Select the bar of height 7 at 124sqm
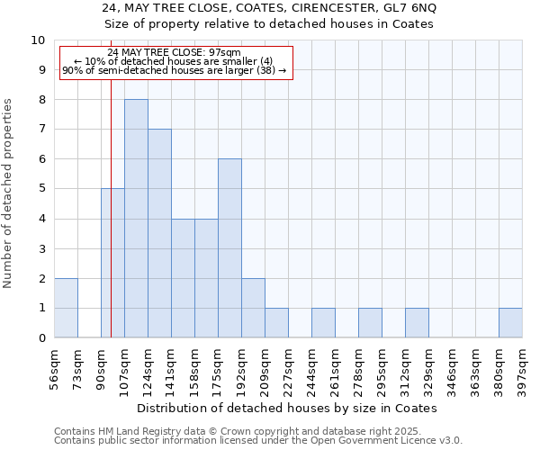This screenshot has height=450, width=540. tap(159, 233)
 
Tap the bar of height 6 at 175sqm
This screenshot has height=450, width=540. tap(229, 248)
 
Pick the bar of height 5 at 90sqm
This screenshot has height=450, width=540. tap(112, 263)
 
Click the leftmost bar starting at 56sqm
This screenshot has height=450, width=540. tap(66, 308)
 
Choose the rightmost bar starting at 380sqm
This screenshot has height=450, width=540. tap(510, 323)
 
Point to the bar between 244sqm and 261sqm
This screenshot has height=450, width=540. tap(323, 323)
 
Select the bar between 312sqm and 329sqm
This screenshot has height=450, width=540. tap(417, 323)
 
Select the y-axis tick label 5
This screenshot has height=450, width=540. tap(41, 189)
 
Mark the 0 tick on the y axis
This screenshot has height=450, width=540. tap(41, 338)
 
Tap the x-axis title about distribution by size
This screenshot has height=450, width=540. tap(288, 408)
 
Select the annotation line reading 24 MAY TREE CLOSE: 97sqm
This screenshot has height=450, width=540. tap(174, 53)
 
